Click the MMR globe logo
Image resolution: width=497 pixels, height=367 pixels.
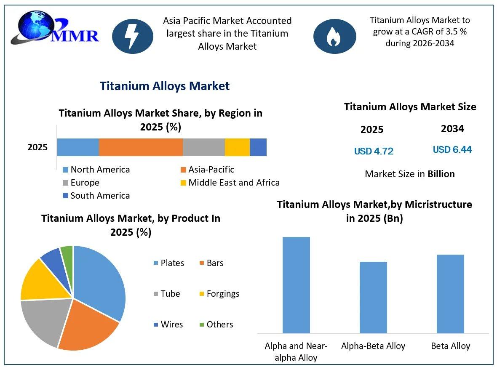[x=54, y=28]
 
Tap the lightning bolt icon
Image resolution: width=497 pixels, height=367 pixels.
[x=133, y=36]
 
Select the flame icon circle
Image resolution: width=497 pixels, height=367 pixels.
[x=334, y=37]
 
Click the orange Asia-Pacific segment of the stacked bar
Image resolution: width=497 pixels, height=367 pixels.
[x=141, y=147]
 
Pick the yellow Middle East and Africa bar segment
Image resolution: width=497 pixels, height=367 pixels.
[x=238, y=147]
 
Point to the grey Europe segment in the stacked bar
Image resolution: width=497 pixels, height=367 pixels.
[x=204, y=147]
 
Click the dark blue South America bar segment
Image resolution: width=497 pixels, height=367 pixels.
[x=258, y=147]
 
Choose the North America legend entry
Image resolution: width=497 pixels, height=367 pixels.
[x=96, y=170]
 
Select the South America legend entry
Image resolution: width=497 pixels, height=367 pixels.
[x=96, y=195]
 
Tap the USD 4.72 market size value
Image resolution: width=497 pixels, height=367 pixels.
[x=374, y=151]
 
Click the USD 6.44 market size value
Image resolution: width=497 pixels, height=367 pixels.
[x=452, y=149]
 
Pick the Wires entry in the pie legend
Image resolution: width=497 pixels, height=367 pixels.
[x=168, y=324]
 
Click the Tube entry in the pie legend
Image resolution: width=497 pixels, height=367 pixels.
[x=167, y=293]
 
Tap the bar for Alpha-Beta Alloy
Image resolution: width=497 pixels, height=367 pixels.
[x=373, y=297]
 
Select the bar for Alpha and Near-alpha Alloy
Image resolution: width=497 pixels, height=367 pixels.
[x=296, y=285]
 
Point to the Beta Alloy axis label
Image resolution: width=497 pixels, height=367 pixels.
[x=450, y=346]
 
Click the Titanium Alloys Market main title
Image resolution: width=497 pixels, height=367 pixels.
[x=165, y=86]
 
